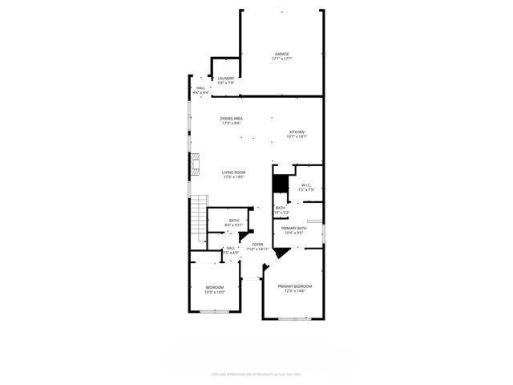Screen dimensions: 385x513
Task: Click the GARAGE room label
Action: coord(281,54)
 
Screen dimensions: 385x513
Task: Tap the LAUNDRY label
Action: coord(225,78)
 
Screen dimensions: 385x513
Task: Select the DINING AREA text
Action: coord(232,119)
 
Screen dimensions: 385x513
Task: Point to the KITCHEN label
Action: coord(297,132)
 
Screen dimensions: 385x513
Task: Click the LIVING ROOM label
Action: coord(233,172)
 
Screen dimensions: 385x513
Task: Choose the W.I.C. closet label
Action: coord(306,185)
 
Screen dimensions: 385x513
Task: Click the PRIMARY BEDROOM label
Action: coord(294,286)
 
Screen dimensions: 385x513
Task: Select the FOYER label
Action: coord(257,244)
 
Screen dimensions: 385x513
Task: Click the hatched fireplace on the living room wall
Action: coord(193,164)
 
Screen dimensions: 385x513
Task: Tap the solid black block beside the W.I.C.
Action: coord(280,184)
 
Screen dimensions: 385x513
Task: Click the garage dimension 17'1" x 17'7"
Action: coord(281,59)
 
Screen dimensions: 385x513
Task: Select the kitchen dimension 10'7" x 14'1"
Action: coord(297,136)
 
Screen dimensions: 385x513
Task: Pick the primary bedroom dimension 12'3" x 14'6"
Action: coord(294,291)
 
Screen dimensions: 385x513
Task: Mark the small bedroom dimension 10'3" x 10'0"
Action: coord(215,292)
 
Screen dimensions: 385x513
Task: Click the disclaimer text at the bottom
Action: coord(256,374)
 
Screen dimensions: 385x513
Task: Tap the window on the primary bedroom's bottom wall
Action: coord(293,319)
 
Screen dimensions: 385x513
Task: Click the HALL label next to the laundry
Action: coord(200,88)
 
